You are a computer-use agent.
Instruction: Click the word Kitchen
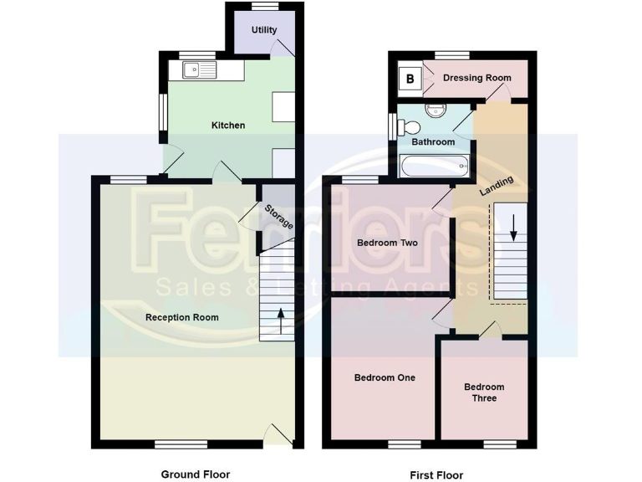[227, 126]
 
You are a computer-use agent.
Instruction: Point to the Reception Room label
[181, 318]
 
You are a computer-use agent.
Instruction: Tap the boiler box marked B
[410, 79]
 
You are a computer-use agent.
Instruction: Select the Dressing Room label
[476, 79]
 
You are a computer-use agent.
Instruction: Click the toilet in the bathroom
[409, 127]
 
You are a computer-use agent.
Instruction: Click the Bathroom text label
[433, 142]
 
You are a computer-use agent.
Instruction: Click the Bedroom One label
[385, 378]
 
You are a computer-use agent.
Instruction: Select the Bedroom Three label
[484, 392]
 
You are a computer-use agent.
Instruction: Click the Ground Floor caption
[195, 474]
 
